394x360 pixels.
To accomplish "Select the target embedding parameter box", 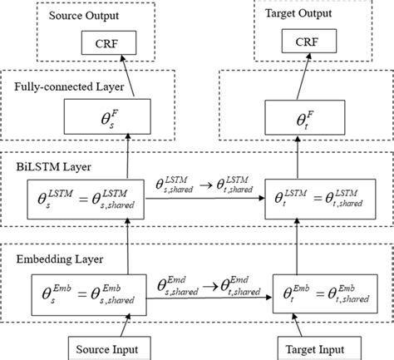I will click(x=320, y=291).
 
